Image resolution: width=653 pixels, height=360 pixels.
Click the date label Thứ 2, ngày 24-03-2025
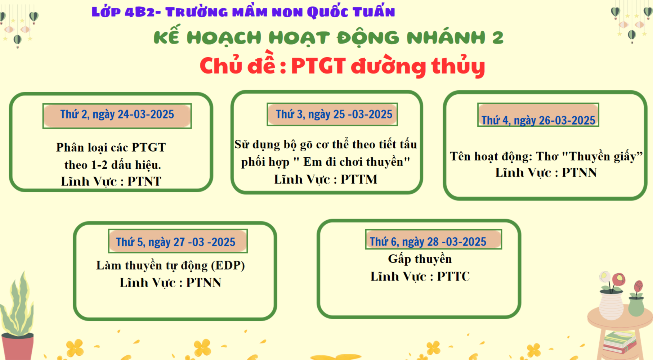pos(117,114)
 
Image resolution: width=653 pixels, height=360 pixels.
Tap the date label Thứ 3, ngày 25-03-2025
pos(334,114)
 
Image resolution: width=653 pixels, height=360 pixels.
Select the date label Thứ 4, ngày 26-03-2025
pos(538,120)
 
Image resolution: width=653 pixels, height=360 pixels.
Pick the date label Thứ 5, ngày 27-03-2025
pos(175,242)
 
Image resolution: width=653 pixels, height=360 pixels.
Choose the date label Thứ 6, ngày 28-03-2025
pos(428,242)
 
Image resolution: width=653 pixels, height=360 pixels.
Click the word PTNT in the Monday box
pos(144,181)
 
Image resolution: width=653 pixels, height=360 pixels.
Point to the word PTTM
pos(359,179)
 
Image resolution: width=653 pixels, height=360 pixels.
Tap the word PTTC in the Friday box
pos(453,276)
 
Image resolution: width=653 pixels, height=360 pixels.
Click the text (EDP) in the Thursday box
pos(228,265)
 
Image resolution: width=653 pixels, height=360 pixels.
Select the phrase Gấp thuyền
pos(420,259)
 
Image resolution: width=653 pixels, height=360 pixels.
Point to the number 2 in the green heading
pos(498,37)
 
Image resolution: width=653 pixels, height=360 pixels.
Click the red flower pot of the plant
pos(17,346)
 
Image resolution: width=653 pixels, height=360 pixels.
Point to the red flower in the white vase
pos(619,279)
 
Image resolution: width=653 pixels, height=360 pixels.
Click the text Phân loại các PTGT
pos(111,147)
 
